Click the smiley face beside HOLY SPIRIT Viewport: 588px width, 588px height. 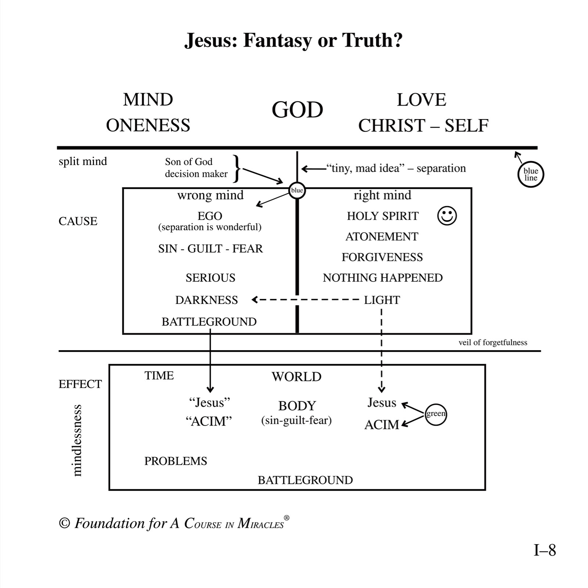pos(447,216)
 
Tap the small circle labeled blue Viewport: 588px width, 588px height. pos(297,190)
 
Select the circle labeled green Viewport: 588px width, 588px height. pos(435,414)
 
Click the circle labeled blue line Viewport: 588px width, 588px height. pos(530,175)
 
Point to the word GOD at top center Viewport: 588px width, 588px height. pos(297,110)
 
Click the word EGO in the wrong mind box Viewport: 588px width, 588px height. pos(210,216)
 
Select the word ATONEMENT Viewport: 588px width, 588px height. pos(382,237)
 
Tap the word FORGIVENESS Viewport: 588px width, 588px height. pos(382,257)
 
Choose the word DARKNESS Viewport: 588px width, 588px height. pos(207,300)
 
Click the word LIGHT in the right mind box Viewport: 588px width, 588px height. pos(382,300)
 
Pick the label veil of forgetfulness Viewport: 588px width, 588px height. pos(493,343)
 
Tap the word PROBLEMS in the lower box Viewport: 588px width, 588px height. pos(176,461)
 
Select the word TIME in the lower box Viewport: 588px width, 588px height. pos(159,376)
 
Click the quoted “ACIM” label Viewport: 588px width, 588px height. pos(209,421)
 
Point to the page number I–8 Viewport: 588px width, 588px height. pos(545,551)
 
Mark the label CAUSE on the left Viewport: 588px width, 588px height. pos(78,221)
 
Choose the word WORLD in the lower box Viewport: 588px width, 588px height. pos(297,377)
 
